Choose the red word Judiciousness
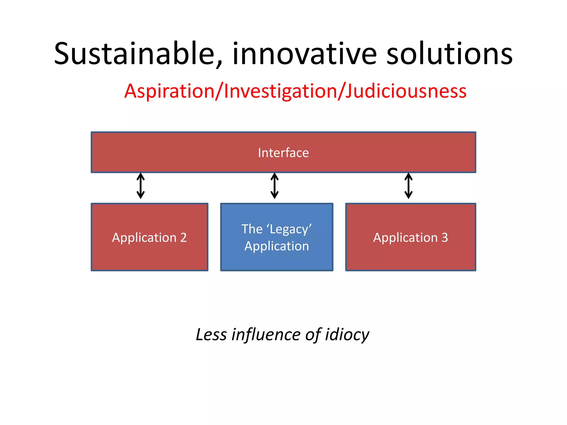coord(406,91)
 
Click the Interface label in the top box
coord(283,153)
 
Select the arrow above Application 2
coord(141,186)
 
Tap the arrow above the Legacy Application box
coord(274,186)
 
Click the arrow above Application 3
coord(408,186)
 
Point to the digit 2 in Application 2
coord(183,237)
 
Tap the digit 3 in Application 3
coord(445,237)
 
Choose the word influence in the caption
coord(266,335)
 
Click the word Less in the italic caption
coord(211,335)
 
